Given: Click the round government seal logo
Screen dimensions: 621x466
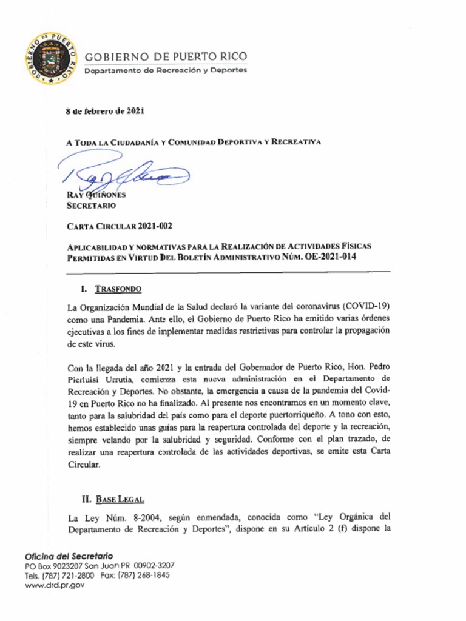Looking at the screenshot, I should pyautogui.click(x=52, y=59).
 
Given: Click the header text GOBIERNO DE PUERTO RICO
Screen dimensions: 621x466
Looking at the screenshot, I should pyautogui.click(x=166, y=57).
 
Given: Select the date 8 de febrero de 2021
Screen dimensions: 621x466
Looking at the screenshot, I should pyautogui.click(x=104, y=111).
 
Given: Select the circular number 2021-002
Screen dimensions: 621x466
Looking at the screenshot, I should pyautogui.click(x=155, y=227).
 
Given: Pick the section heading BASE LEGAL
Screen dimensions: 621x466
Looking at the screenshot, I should pyautogui.click(x=120, y=500).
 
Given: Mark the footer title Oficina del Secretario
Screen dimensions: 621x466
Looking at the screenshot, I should pyautogui.click(x=69, y=556).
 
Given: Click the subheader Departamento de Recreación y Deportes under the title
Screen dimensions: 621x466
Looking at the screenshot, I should pyautogui.click(x=165, y=70).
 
